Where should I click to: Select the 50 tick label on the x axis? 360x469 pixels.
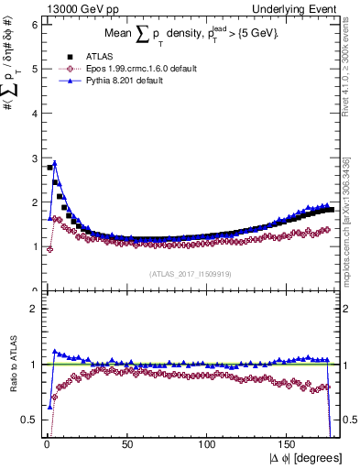click(x=126, y=444)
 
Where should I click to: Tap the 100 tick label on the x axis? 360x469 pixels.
click(x=207, y=444)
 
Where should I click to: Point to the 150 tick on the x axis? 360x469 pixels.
click(x=288, y=444)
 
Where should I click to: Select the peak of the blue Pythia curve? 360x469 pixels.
click(x=55, y=163)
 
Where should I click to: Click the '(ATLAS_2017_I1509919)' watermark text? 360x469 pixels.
click(x=190, y=274)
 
